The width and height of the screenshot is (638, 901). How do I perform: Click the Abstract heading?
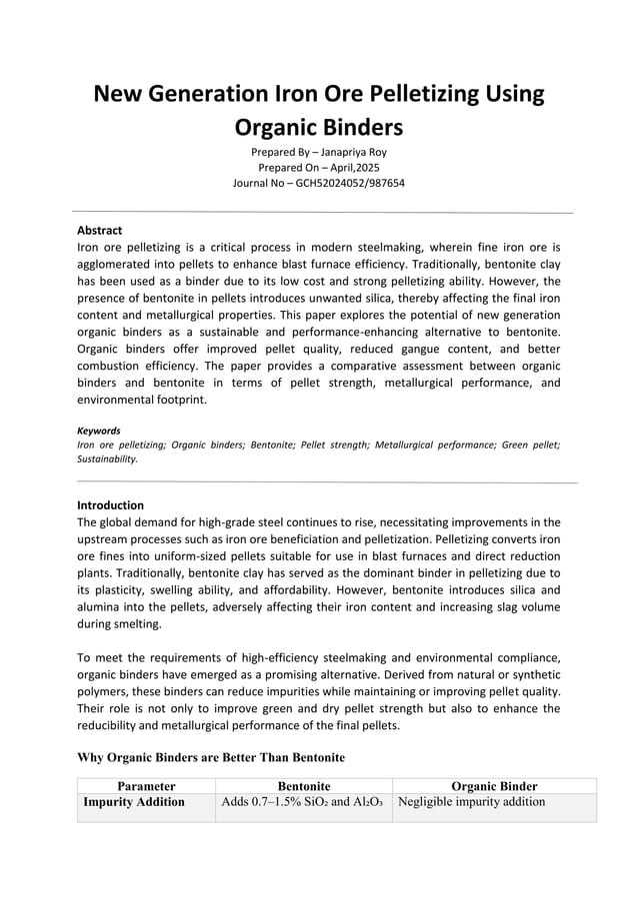click(x=99, y=230)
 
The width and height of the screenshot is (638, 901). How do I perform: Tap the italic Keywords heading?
click(x=98, y=431)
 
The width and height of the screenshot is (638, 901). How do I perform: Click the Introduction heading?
click(x=110, y=504)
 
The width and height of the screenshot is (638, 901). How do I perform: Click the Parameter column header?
click(x=146, y=786)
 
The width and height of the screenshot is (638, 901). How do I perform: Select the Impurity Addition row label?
click(x=134, y=801)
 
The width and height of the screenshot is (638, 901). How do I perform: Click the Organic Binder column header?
click(x=494, y=786)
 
